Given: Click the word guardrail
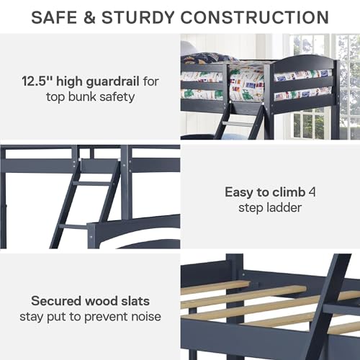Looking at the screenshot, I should pos(113,78).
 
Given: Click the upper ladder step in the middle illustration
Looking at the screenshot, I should pos(91,184).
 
